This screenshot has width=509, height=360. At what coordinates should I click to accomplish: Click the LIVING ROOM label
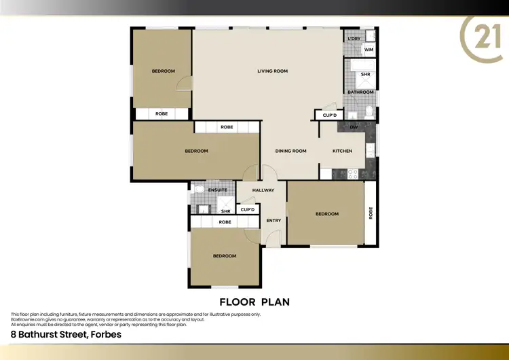pyautogui.click(x=272, y=71)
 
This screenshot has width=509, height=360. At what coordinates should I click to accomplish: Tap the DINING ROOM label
pyautogui.click(x=290, y=151)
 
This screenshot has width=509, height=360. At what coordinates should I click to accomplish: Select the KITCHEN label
pyautogui.click(x=342, y=151)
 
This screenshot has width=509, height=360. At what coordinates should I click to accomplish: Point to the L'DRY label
pyautogui.click(x=354, y=39)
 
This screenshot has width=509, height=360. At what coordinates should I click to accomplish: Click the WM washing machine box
pyautogui.click(x=369, y=50)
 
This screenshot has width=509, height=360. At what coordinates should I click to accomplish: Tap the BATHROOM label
pyautogui.click(x=360, y=92)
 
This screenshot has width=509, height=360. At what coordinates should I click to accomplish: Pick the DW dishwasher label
pyautogui.click(x=354, y=127)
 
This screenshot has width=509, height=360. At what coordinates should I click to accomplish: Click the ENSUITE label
pyautogui.click(x=218, y=190)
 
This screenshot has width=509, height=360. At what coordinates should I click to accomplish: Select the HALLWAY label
pyautogui.click(x=263, y=190)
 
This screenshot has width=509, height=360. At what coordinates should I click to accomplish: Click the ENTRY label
pyautogui.click(x=274, y=220)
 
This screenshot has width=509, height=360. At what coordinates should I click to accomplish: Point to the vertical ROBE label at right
pyautogui.click(x=371, y=214)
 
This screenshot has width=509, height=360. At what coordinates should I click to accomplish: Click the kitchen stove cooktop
pyautogui.click(x=353, y=174)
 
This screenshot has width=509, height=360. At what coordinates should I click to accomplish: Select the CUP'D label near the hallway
pyautogui.click(x=248, y=209)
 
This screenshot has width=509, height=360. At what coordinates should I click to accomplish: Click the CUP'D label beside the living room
pyautogui.click(x=330, y=115)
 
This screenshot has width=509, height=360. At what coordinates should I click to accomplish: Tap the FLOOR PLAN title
pyautogui.click(x=254, y=301)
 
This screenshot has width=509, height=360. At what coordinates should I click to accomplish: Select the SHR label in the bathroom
pyautogui.click(x=365, y=74)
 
